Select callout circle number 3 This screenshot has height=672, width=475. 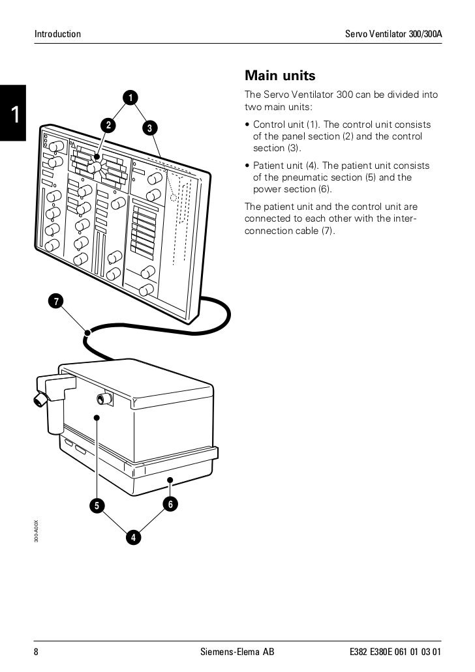(149, 128)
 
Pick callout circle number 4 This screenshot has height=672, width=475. (133, 538)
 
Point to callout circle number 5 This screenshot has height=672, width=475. (97, 505)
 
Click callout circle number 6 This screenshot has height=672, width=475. (170, 504)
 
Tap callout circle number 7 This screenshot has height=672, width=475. (57, 300)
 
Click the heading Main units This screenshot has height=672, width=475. (279, 76)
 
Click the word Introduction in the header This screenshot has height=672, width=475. (58, 33)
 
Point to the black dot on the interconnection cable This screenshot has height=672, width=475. (86, 333)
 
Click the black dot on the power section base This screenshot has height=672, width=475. (170, 481)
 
